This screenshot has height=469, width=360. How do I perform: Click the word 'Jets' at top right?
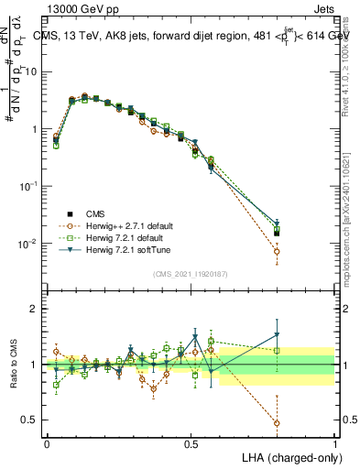(x=323, y=9)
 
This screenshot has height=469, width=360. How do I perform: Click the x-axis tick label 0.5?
(x=191, y=442)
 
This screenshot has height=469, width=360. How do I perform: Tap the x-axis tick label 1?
(x=335, y=442)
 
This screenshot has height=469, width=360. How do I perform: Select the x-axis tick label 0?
(x=47, y=442)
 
